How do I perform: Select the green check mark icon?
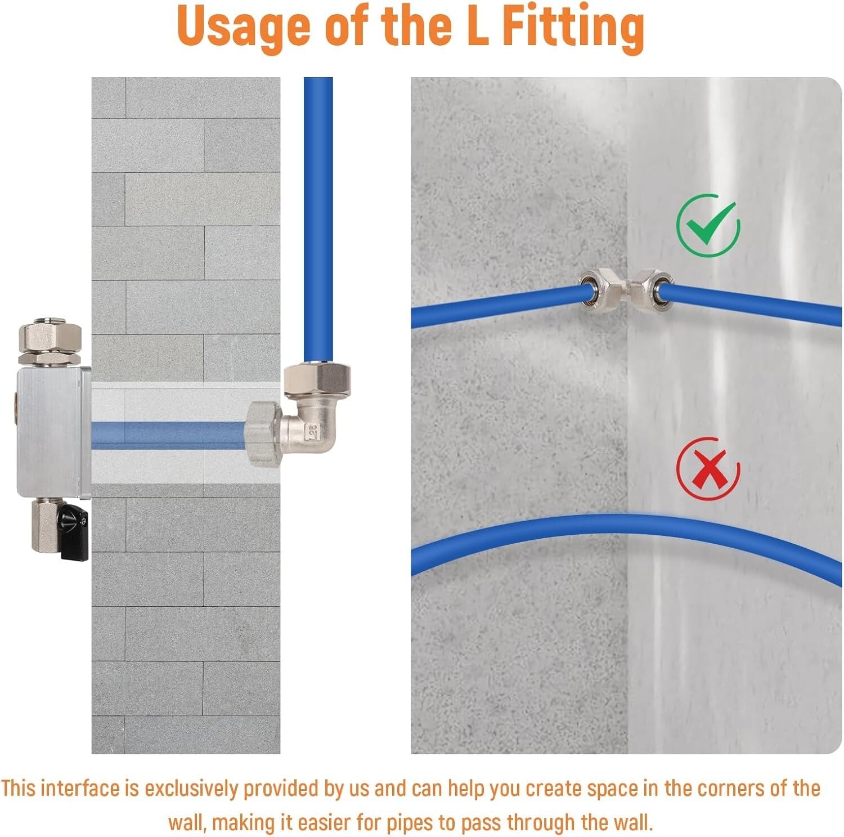708,226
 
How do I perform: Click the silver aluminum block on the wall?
51,432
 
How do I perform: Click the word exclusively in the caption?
191,789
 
